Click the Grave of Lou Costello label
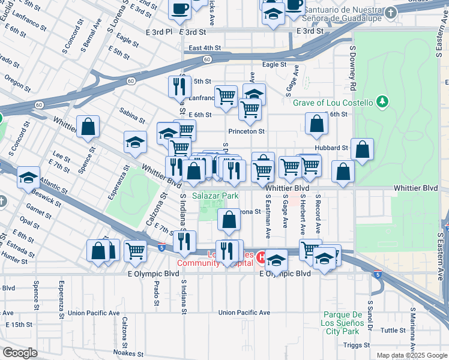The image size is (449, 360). point(333,103)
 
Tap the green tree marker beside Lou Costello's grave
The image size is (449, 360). point(381,102)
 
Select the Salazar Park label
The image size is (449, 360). point(215,196)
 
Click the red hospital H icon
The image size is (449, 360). point(261,259)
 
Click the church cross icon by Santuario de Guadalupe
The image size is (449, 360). point(391,13)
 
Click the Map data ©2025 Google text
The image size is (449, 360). point(411,355)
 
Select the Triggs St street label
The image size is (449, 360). point(357,345)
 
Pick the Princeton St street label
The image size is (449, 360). point(246,131)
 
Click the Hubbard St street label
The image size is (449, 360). point(331,148)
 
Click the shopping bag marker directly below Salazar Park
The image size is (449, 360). point(229,220)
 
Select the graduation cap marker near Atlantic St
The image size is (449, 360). point(28,178)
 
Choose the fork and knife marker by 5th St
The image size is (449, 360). point(179,87)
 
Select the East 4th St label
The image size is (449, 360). point(205,48)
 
